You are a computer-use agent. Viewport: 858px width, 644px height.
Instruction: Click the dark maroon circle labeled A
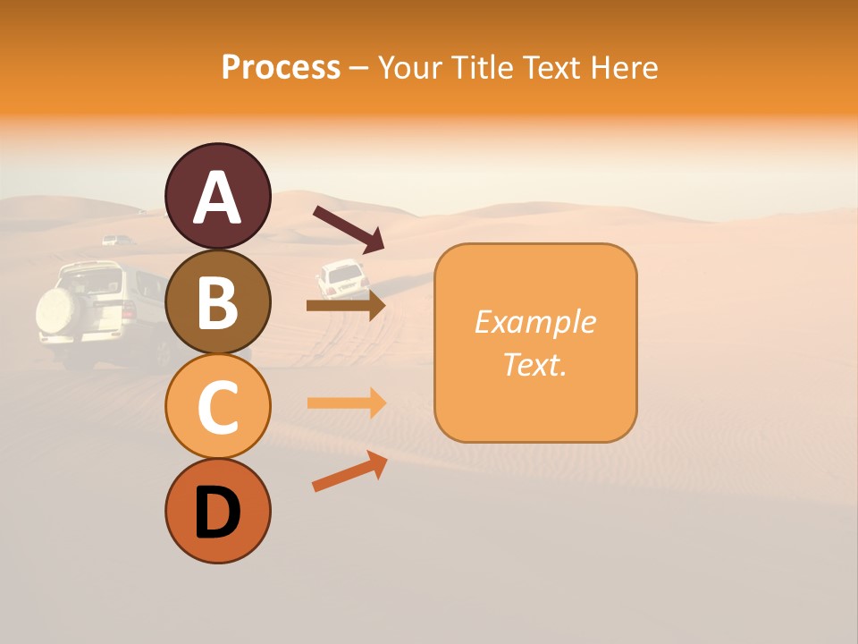(217, 196)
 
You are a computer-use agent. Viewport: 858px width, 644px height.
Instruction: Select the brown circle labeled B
(217, 301)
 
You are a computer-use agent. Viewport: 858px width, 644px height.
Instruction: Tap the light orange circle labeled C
(217, 406)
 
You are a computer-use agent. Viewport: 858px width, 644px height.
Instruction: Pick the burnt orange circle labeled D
(217, 511)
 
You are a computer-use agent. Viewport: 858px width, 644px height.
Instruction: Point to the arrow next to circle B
(346, 306)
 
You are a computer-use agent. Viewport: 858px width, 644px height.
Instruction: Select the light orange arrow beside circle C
(347, 402)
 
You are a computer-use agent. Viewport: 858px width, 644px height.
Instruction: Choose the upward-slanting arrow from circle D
(349, 471)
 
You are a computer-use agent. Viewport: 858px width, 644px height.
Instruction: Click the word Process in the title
(281, 68)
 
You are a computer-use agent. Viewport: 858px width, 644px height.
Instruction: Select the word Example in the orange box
(534, 322)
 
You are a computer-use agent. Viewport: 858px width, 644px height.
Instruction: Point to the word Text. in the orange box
(534, 364)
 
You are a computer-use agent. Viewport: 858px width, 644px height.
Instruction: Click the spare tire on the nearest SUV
(59, 309)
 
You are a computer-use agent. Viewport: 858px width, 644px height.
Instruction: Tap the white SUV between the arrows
(342, 279)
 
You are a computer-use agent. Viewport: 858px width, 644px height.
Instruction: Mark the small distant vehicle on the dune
(116, 240)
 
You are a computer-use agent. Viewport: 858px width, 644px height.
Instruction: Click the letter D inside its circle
(217, 513)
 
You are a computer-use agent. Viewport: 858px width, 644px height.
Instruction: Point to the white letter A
(217, 198)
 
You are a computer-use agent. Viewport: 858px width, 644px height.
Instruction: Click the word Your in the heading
(408, 68)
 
